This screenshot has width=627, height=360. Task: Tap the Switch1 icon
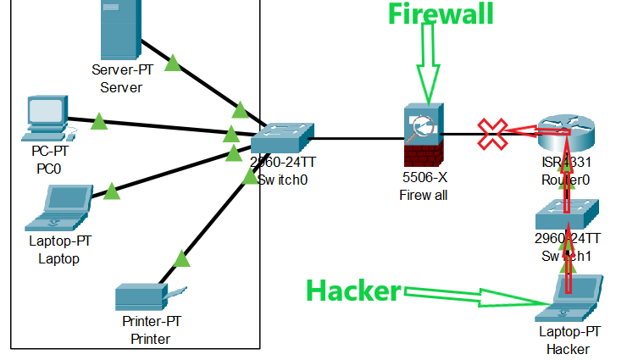click(566, 213)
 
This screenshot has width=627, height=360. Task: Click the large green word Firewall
click(441, 14)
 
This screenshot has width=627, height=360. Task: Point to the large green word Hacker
click(352, 291)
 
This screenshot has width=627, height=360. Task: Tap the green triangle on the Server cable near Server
click(173, 63)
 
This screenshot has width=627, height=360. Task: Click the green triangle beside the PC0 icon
click(98, 122)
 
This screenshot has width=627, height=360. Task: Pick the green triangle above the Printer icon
click(180, 258)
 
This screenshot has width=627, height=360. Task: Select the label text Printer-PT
click(151, 323)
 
